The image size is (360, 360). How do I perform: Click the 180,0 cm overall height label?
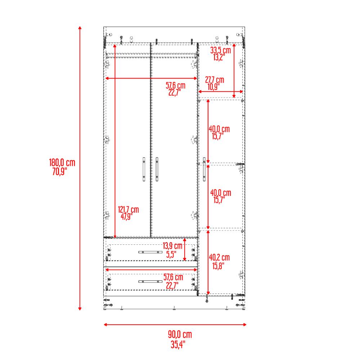click(x=62, y=162)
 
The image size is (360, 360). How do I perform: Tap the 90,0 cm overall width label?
click(x=180, y=334)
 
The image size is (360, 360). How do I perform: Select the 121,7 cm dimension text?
click(x=128, y=209)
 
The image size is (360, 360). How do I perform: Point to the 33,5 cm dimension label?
click(x=220, y=50)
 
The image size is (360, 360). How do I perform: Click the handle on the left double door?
click(x=144, y=168)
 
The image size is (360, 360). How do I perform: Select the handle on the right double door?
click(x=157, y=168)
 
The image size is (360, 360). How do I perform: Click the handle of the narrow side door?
click(x=204, y=168)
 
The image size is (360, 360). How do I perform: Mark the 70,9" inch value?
click(x=60, y=170)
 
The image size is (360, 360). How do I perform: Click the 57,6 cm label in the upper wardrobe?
click(x=175, y=86)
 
